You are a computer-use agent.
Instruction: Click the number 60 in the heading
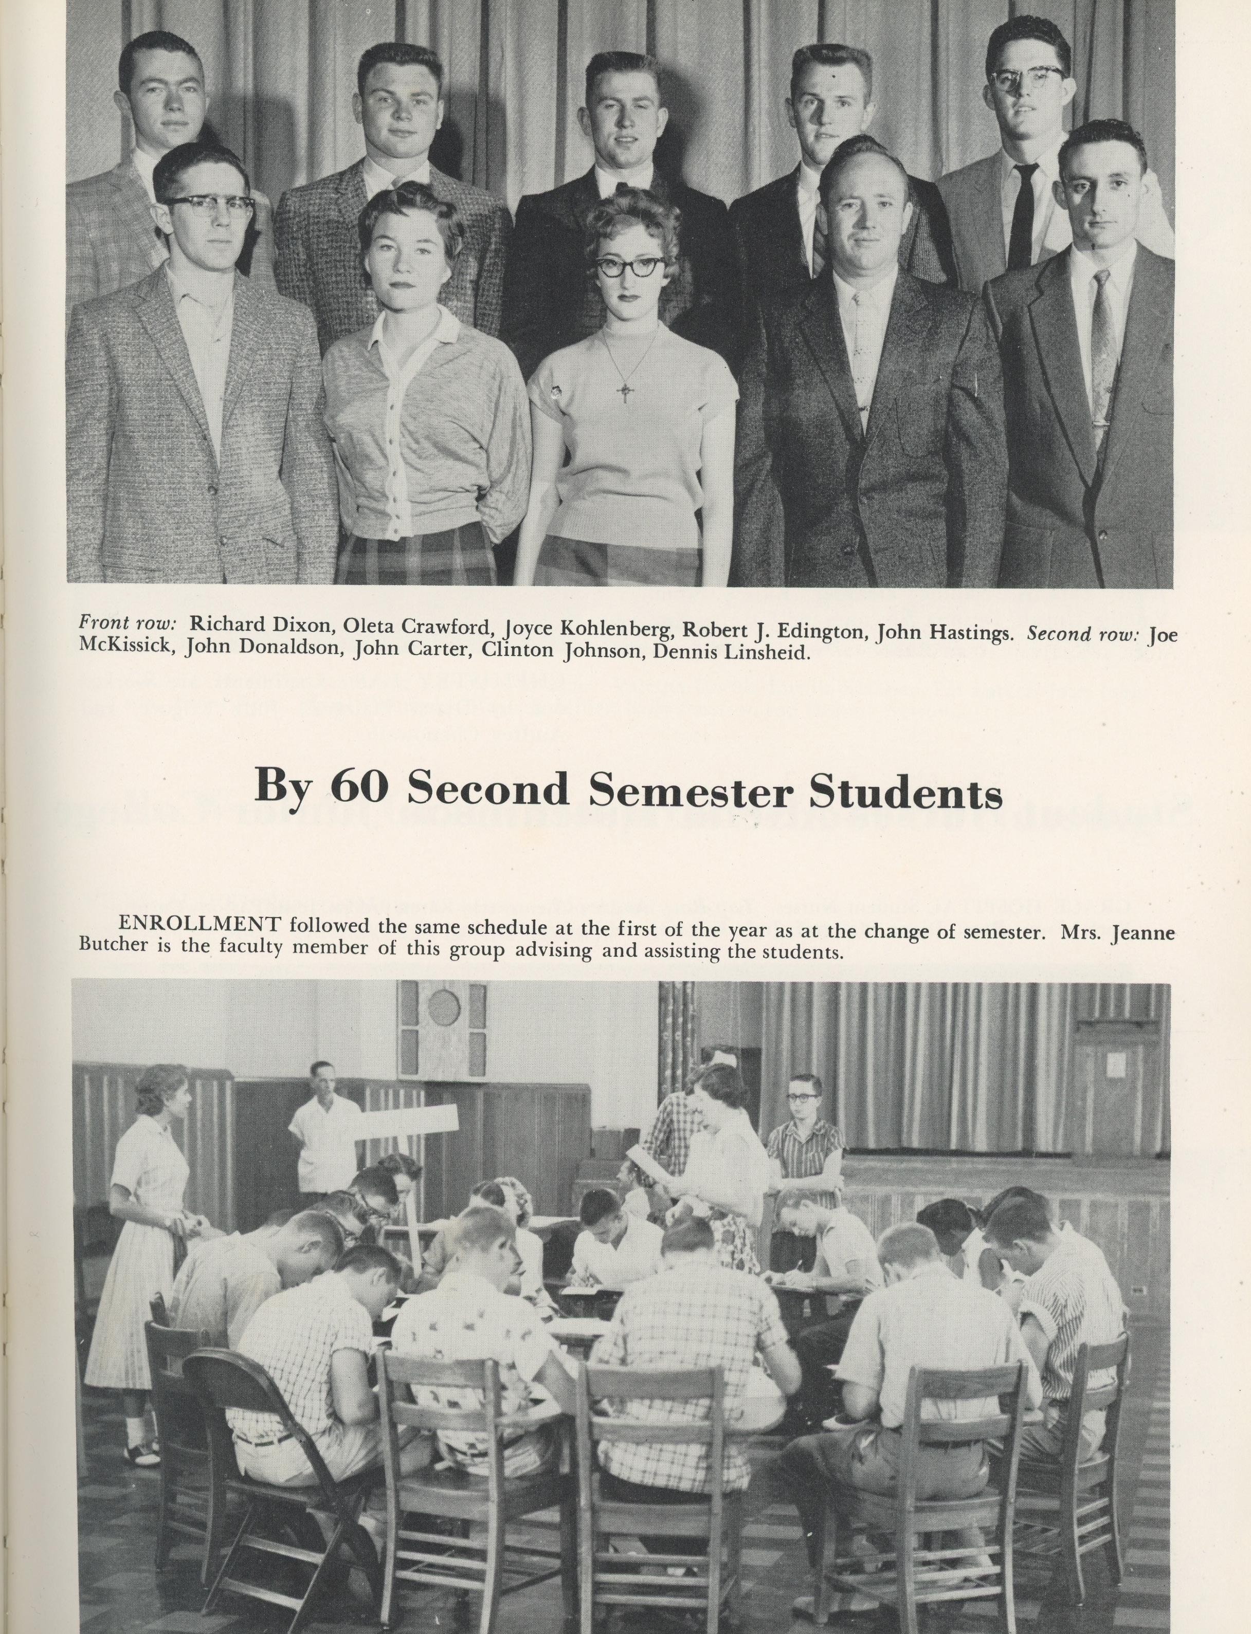pos(358,787)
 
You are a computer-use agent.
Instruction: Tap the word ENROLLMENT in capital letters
pos(200,923)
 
